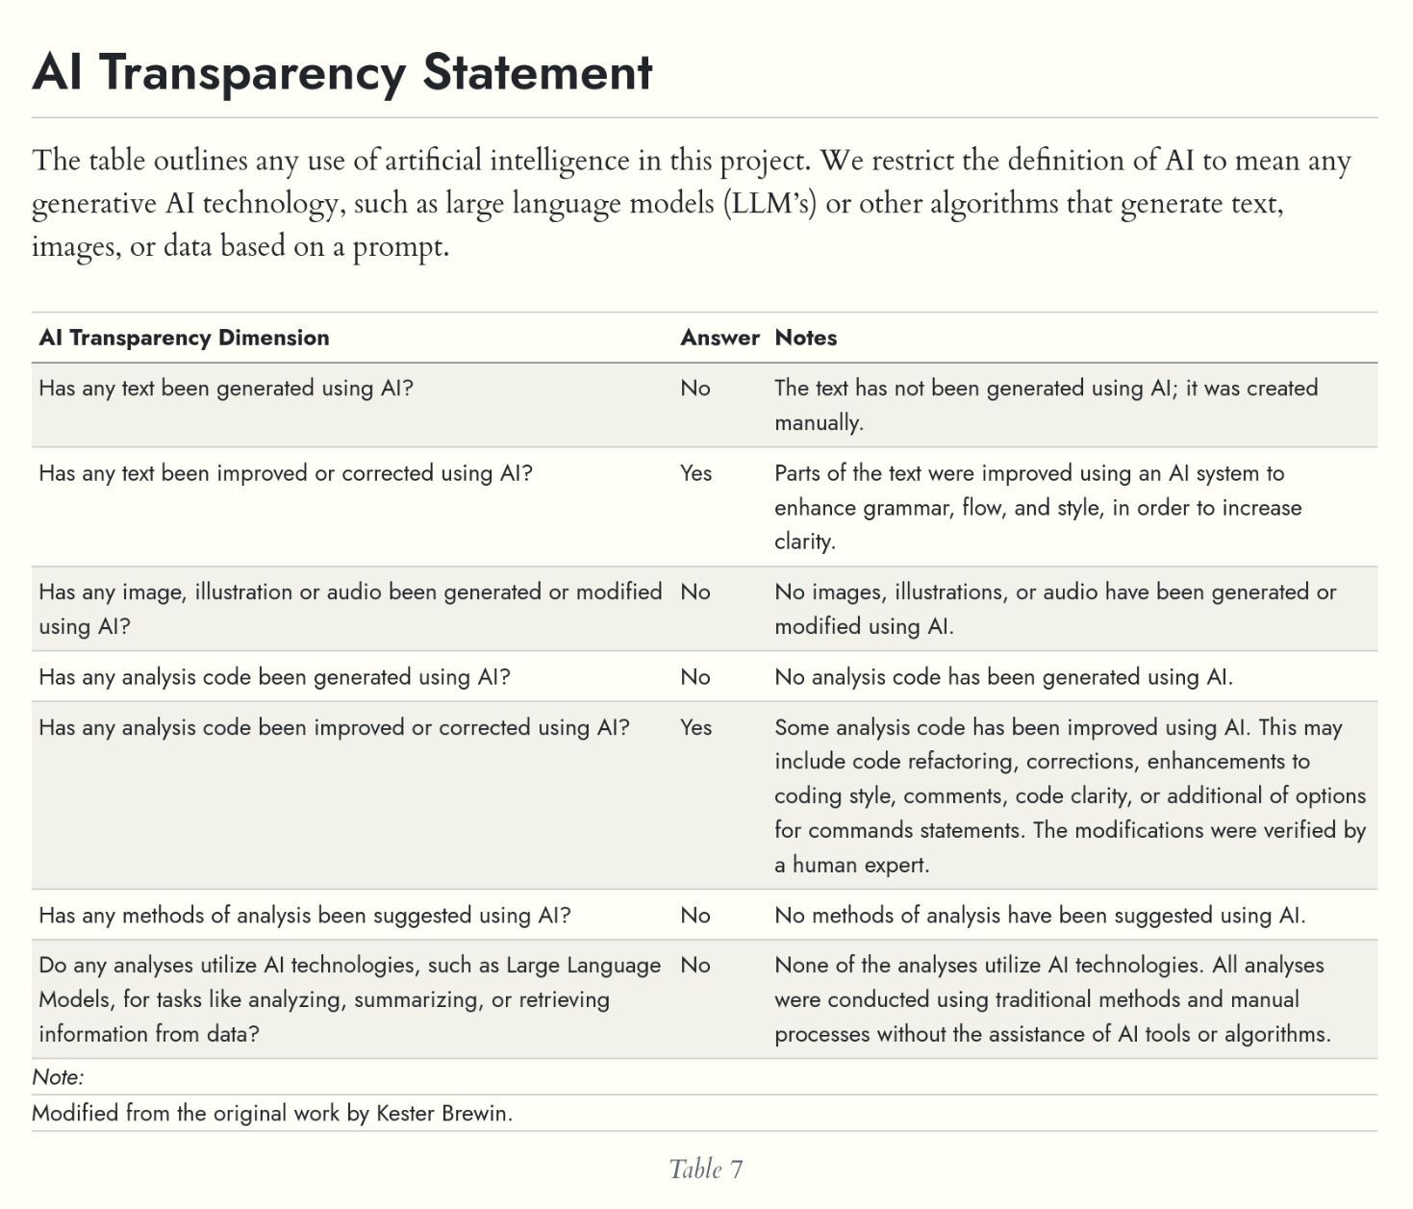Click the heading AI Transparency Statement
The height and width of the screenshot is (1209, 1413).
click(x=342, y=72)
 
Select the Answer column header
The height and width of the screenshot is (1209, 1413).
click(x=719, y=338)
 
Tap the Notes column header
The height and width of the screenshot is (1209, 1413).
click(x=806, y=338)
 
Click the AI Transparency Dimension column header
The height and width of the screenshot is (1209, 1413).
click(x=184, y=338)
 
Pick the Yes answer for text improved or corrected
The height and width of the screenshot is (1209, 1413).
click(x=695, y=473)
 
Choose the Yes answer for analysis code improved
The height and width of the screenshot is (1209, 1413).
click(x=695, y=727)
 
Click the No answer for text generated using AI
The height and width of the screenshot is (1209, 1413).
click(x=694, y=389)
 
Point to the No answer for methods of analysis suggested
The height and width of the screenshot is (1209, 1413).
click(x=694, y=915)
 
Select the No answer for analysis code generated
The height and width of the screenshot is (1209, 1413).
click(x=694, y=677)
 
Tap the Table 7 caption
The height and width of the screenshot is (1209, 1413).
click(x=706, y=1169)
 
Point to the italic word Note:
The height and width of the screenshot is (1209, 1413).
click(x=58, y=1076)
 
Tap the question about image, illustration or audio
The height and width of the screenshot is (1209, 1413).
click(x=350, y=608)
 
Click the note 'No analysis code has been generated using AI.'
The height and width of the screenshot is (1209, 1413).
click(x=1003, y=677)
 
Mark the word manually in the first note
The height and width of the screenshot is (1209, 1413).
click(x=818, y=422)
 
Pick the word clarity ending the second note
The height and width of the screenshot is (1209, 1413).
click(x=804, y=542)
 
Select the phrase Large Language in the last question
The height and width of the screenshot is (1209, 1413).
click(x=583, y=965)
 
